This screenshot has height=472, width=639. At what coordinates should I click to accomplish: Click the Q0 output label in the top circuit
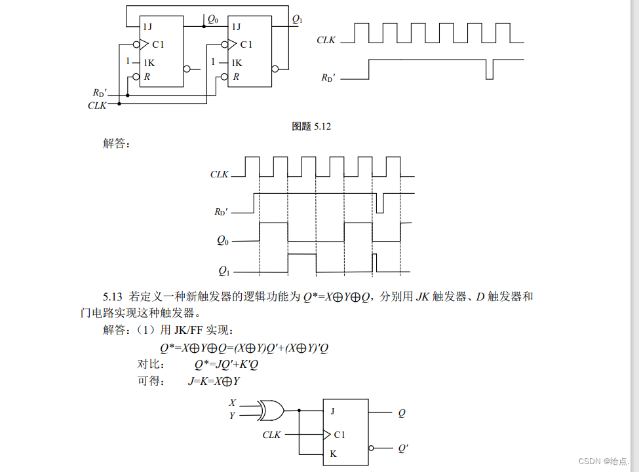point(212,20)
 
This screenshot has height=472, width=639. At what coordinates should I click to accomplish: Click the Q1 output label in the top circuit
point(297,20)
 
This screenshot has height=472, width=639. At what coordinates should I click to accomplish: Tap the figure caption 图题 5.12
point(311,126)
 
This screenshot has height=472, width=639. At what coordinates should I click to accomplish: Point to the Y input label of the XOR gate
point(232,415)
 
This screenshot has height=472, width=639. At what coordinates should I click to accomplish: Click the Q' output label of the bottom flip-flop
point(403,448)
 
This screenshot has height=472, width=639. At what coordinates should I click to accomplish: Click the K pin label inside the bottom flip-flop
point(333,454)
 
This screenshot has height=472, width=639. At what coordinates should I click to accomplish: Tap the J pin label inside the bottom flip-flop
point(333,411)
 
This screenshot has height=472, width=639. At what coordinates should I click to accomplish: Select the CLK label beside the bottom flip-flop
point(271,435)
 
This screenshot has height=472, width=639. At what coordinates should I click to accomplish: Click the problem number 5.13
point(113,297)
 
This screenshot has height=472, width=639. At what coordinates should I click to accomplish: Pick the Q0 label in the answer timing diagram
point(223,240)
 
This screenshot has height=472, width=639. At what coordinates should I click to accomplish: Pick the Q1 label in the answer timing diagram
point(223,270)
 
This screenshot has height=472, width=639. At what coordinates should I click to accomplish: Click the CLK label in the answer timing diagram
point(220,175)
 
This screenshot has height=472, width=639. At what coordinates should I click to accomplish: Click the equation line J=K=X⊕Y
point(214,381)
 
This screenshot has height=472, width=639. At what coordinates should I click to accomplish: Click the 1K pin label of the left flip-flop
point(149,63)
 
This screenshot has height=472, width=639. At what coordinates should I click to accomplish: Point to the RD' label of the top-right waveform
point(328,77)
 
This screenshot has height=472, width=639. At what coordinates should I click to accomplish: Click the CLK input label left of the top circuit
point(97,105)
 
